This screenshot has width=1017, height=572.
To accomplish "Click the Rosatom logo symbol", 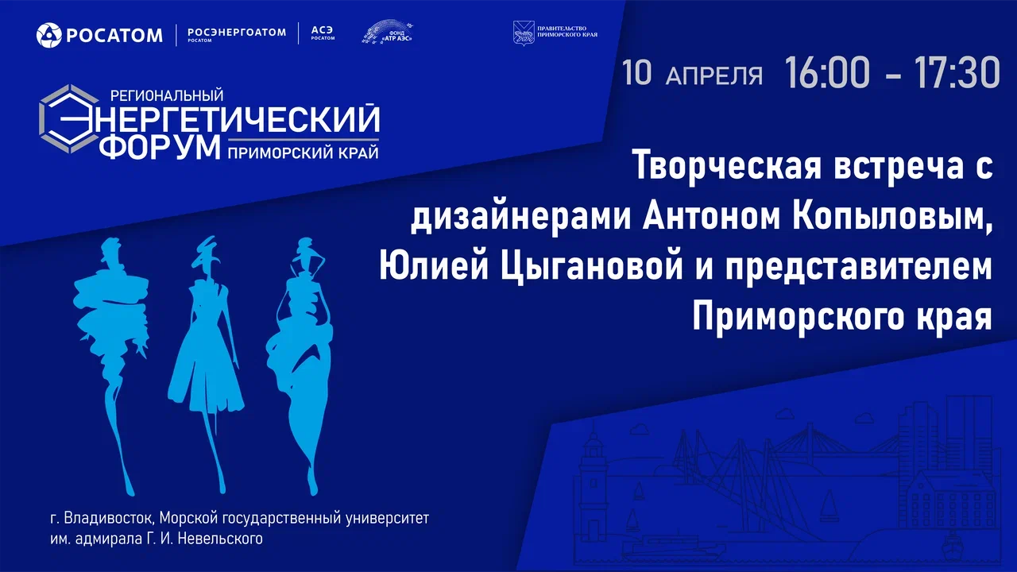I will (48, 34).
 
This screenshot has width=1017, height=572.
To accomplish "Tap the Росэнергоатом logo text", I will (236, 33).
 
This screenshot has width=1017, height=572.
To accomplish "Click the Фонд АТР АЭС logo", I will (389, 33).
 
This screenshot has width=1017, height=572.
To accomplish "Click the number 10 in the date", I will (637, 73).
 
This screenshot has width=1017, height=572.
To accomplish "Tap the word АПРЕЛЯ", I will (713, 75).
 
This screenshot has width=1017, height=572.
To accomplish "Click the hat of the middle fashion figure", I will (207, 244).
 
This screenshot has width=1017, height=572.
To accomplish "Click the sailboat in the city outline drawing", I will (829, 503).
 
